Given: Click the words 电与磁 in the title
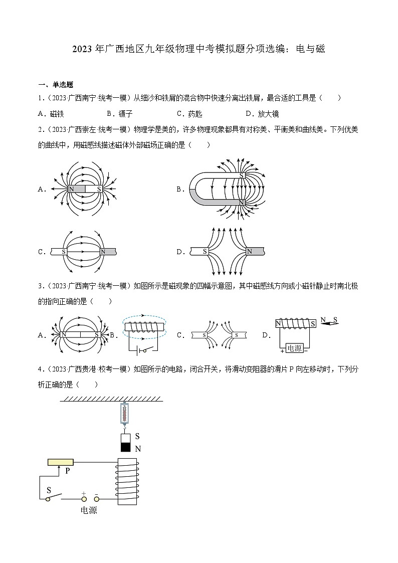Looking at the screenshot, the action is tap(311, 49).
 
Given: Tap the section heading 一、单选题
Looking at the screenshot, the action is tap(56, 85).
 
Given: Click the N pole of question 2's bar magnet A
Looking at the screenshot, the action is tap(71, 189).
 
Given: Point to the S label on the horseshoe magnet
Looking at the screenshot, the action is tap(242, 175).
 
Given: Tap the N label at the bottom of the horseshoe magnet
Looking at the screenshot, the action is tap(242, 202).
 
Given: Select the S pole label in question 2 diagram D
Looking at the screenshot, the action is tap(205, 252).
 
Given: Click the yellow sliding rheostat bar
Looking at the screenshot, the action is tap(61, 462).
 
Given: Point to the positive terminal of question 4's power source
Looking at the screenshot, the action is tap(83, 498).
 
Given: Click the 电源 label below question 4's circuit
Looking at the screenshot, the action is tap(89, 511).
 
